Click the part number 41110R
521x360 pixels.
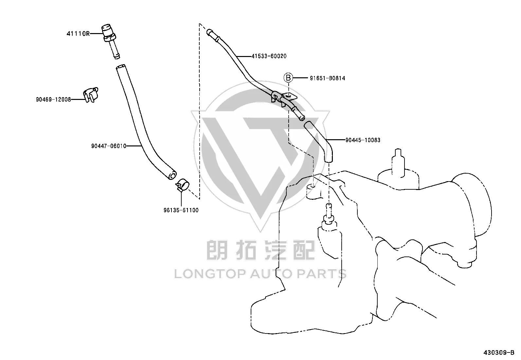(78, 34)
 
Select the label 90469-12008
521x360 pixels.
(53, 100)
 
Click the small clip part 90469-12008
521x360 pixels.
(91, 95)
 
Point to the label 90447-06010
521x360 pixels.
(109, 146)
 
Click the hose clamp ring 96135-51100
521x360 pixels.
(183, 185)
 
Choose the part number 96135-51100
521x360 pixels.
(181, 210)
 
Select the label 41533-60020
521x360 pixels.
(269, 56)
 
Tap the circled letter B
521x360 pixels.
(288, 78)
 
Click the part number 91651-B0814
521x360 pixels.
(328, 78)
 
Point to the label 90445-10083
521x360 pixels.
(363, 140)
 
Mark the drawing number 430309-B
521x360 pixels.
(499, 353)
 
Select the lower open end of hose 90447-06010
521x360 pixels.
(172, 175)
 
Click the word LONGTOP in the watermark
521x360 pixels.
(210, 274)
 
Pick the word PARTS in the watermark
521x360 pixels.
(322, 274)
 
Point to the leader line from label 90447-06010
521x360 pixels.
(134, 146)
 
